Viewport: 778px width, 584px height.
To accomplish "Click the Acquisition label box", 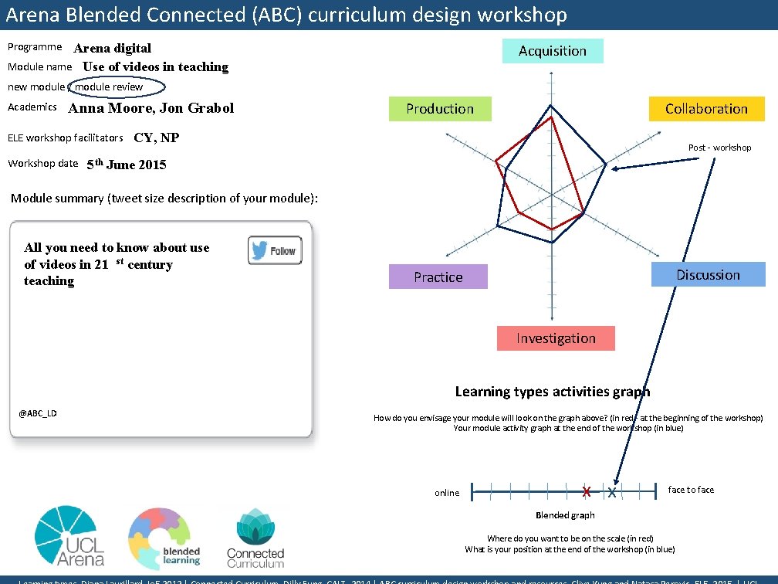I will pyautogui.click(x=553, y=51).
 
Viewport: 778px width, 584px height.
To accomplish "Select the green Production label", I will pyautogui.click(x=440, y=109).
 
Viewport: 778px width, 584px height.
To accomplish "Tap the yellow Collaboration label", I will pyautogui.click(x=706, y=109).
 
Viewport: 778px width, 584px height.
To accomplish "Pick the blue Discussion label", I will pyautogui.click(x=708, y=275).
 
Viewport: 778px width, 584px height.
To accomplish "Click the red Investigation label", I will pyautogui.click(x=556, y=338).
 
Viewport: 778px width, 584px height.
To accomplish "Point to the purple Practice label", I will pyautogui.click(x=438, y=277).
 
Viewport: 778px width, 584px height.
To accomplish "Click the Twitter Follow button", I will pyautogui.click(x=275, y=250).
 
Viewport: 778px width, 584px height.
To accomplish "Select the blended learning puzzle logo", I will pyautogui.click(x=164, y=538).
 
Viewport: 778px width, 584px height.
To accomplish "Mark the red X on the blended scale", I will pyautogui.click(x=587, y=491).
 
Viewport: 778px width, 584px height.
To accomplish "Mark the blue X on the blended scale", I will pyautogui.click(x=612, y=491).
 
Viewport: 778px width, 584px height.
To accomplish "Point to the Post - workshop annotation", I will pyautogui.click(x=719, y=148).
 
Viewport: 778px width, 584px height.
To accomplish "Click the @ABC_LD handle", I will pyautogui.click(x=38, y=413).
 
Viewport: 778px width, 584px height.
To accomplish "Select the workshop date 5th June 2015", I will pyautogui.click(x=126, y=165).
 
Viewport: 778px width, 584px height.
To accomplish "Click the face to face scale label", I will pyautogui.click(x=691, y=490).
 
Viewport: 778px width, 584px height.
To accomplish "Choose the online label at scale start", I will pyautogui.click(x=447, y=493).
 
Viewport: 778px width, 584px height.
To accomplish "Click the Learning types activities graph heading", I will pyautogui.click(x=553, y=392).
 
